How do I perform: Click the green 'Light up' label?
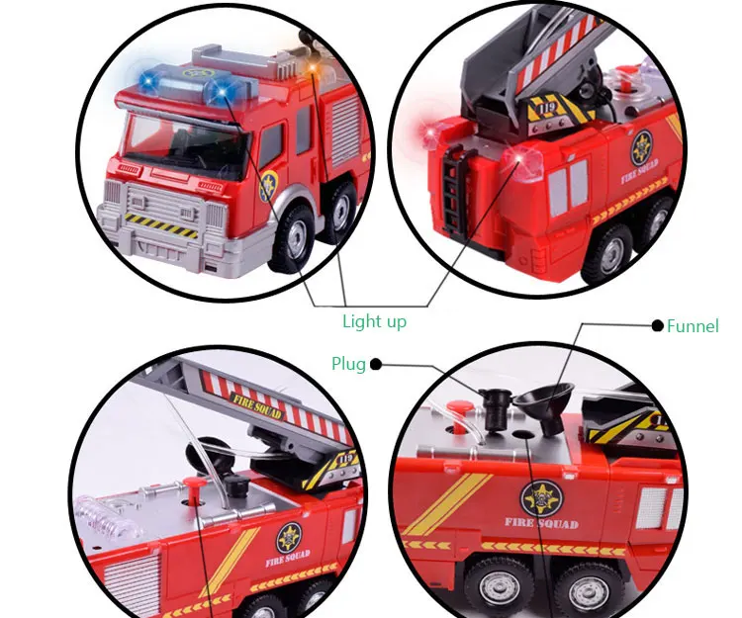pos(374,322)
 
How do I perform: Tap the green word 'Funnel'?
pos(693,325)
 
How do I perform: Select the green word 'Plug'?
pos(349,365)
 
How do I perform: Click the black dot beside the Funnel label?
pos(657,325)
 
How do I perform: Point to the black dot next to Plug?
pos(375,364)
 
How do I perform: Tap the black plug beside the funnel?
pos(496,408)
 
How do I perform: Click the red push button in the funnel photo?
pos(458,412)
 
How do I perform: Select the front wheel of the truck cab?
pos(293,238)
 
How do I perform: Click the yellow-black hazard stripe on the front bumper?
pos(161,224)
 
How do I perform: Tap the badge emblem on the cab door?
pos(268,187)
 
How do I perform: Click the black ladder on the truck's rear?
pos(454,192)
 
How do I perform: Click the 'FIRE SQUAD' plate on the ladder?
pos(255,406)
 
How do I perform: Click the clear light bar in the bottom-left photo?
pos(109,519)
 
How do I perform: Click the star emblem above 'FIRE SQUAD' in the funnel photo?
pos(542,499)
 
